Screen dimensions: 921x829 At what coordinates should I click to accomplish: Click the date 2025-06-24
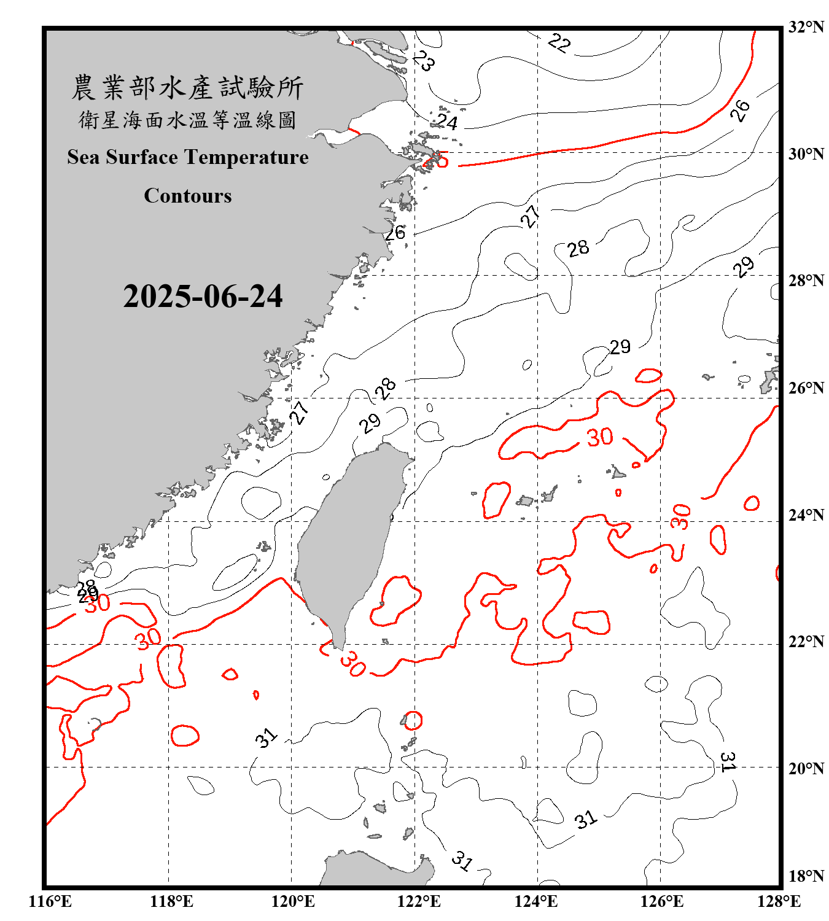click(203, 297)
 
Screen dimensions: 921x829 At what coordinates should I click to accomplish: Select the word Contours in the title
click(188, 196)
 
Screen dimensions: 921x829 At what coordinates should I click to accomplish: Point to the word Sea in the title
click(84, 157)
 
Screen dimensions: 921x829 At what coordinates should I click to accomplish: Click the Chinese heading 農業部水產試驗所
click(187, 88)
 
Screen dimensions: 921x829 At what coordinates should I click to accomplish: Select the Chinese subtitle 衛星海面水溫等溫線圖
click(187, 120)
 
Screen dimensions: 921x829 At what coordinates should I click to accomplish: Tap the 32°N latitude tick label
click(806, 27)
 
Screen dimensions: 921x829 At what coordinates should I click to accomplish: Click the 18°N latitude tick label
click(806, 876)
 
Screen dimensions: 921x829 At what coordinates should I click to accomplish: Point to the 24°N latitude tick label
click(806, 515)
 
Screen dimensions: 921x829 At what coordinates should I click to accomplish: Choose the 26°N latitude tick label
click(806, 388)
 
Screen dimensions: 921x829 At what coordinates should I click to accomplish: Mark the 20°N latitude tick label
click(806, 768)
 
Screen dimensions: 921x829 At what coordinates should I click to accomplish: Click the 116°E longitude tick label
click(50, 901)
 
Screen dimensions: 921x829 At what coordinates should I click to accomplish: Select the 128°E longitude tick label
click(779, 901)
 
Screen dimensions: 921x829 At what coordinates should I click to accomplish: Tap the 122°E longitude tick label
click(419, 901)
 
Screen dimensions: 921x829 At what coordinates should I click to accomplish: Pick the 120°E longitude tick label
click(293, 901)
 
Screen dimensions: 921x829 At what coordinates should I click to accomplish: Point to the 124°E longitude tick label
click(536, 901)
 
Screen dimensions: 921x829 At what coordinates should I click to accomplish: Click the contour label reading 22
click(559, 43)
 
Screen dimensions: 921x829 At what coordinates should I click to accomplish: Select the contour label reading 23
click(424, 61)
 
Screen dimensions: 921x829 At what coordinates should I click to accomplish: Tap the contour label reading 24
click(447, 123)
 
